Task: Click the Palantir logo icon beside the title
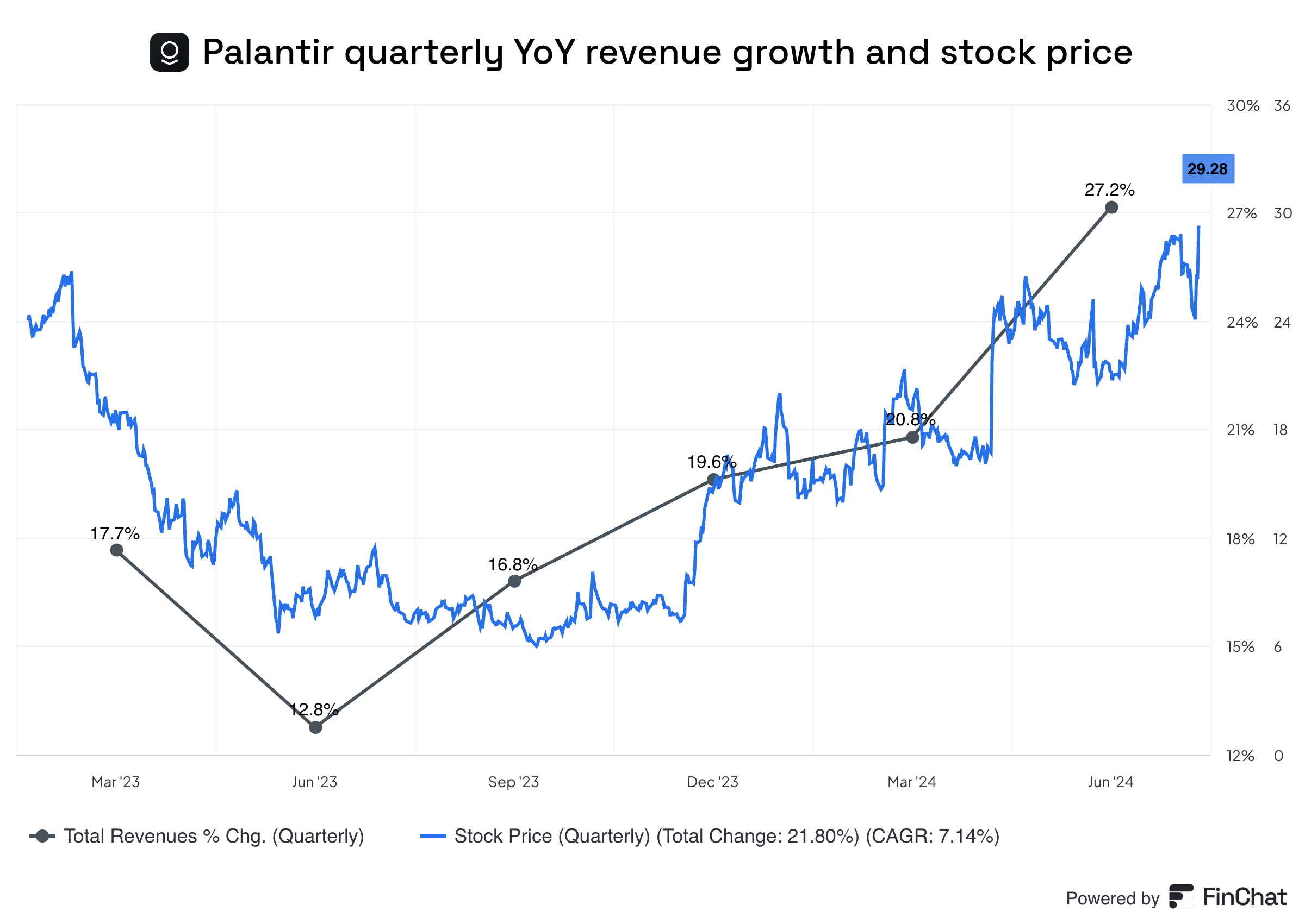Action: [169, 52]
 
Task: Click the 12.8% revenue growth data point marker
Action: [315, 727]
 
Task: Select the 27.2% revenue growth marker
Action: [1111, 207]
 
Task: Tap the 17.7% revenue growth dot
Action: [117, 550]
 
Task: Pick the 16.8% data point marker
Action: [514, 581]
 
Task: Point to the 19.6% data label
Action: [711, 462]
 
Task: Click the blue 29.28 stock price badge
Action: [1208, 169]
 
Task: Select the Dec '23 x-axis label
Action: [712, 782]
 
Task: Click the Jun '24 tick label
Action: [1110, 782]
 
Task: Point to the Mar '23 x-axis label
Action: [116, 782]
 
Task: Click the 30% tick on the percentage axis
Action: [1242, 106]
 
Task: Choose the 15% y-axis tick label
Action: [1240, 647]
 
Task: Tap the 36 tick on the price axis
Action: [1282, 106]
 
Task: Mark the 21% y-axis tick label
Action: [1240, 430]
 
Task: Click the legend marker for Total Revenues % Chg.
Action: [42, 837]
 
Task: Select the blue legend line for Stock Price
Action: [433, 837]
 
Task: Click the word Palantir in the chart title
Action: [268, 52]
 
